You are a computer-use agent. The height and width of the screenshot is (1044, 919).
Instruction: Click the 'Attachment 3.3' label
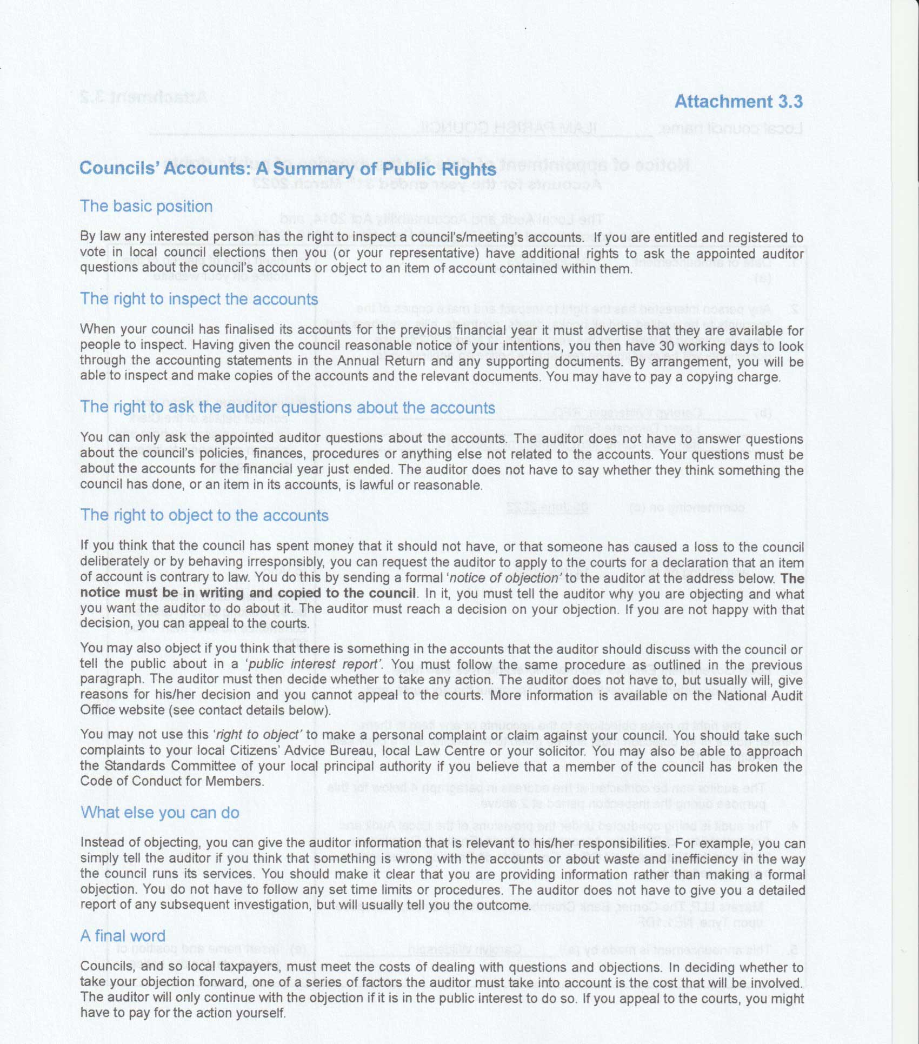[738, 102]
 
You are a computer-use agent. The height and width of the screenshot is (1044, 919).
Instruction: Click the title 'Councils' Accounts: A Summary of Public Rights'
[288, 169]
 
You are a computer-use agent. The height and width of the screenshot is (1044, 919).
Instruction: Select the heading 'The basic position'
[146, 206]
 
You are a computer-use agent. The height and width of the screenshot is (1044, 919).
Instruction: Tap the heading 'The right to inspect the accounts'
[199, 299]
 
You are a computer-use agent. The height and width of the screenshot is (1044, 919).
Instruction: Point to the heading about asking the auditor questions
[288, 408]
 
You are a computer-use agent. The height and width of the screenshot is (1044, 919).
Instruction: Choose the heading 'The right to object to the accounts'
[204, 515]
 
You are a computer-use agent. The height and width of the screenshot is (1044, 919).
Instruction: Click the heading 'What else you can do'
[159, 813]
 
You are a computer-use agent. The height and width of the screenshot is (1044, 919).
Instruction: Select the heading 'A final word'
[123, 936]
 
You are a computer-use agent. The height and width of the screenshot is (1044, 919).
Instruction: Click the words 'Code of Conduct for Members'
[171, 781]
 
